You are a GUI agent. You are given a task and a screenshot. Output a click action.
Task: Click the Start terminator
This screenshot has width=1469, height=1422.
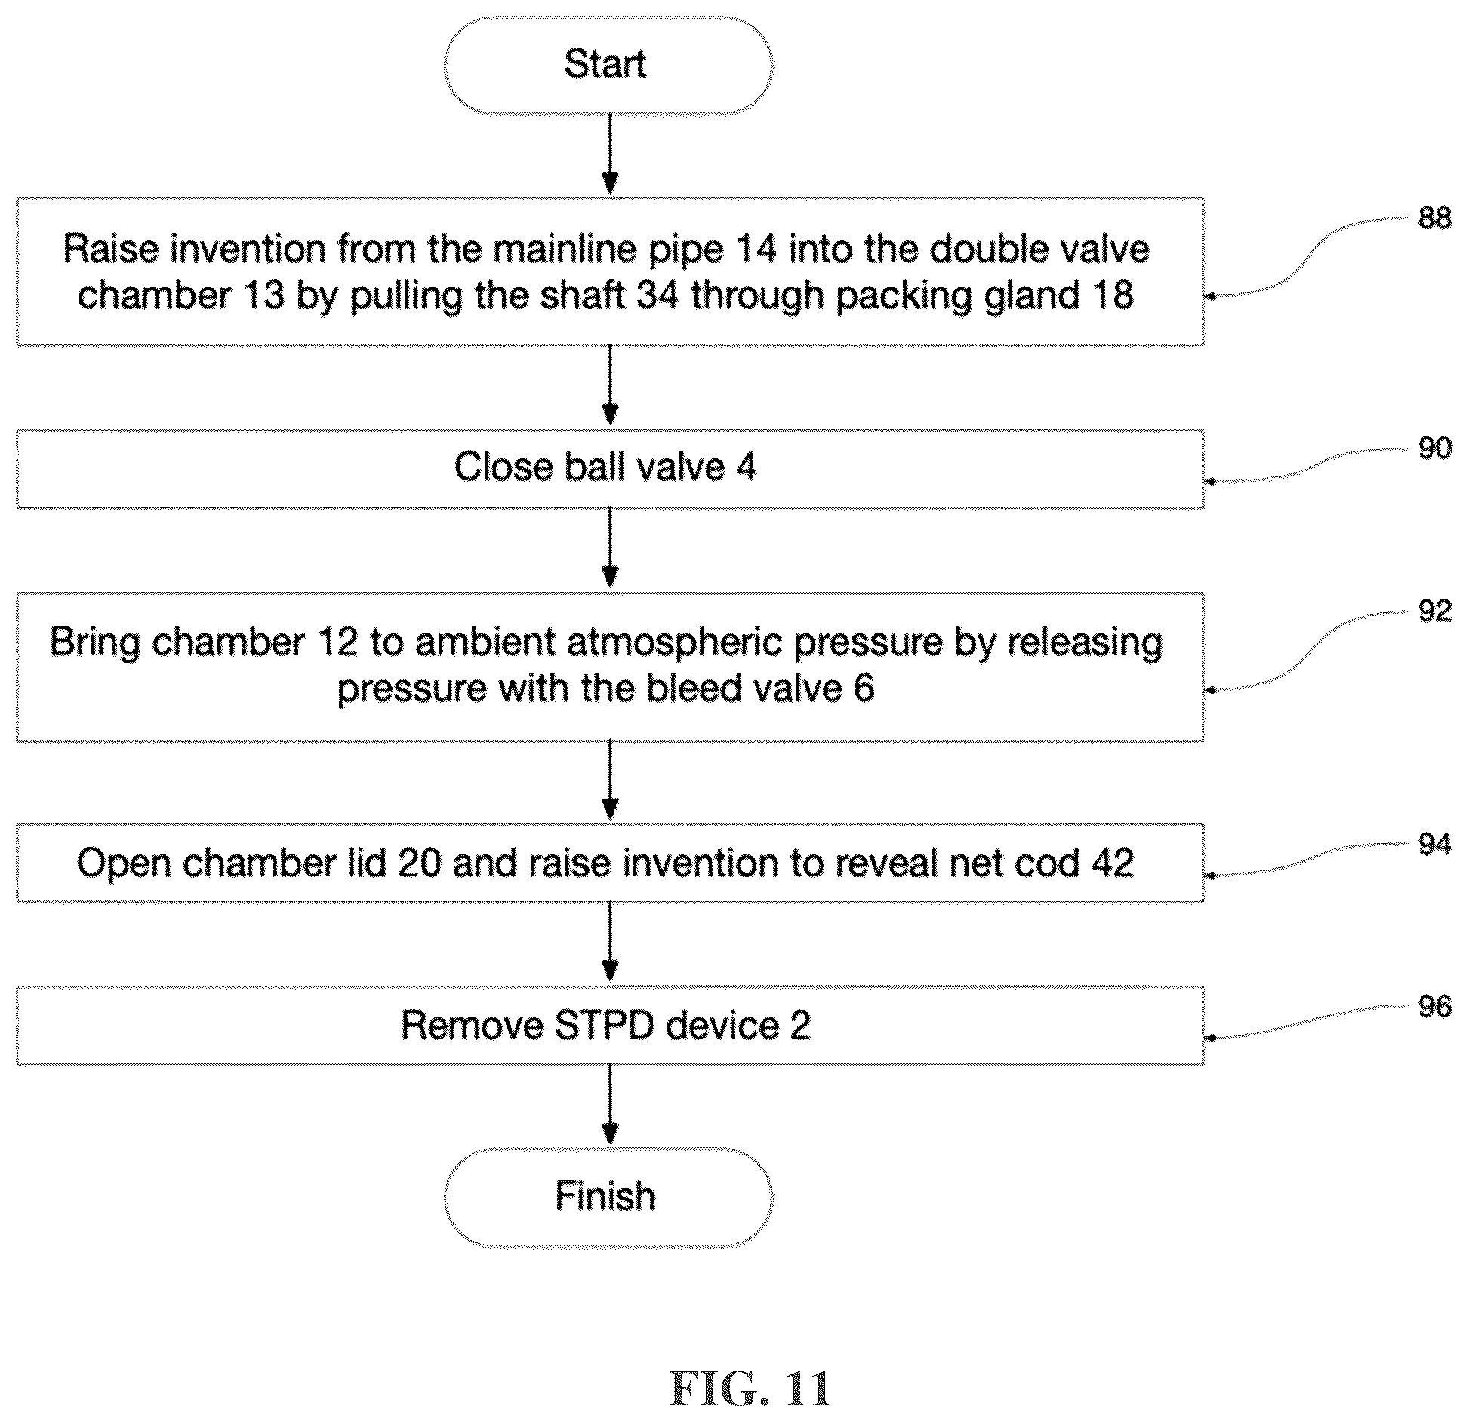[x=608, y=65]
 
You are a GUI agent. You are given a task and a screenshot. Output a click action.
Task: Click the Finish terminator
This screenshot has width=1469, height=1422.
[x=608, y=1196]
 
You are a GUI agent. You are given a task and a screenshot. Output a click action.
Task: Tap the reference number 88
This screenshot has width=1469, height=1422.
[x=1434, y=218]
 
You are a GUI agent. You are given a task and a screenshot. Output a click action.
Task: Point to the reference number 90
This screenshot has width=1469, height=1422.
[x=1434, y=448]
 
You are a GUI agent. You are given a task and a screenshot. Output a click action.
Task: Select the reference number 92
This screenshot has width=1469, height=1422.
[x=1434, y=611]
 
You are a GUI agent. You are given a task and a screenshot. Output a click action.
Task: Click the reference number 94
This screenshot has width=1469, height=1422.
[x=1434, y=843]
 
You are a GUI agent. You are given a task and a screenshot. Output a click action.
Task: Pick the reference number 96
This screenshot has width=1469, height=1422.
[x=1434, y=1006]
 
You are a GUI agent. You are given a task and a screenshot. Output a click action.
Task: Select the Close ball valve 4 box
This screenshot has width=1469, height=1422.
[x=610, y=469]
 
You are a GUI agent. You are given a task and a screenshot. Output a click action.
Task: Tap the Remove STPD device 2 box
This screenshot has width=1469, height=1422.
[x=610, y=1025]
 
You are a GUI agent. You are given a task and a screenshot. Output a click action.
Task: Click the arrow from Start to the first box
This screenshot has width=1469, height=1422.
[x=610, y=155]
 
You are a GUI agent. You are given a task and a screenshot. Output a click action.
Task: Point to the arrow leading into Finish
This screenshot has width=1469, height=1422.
[x=610, y=1105]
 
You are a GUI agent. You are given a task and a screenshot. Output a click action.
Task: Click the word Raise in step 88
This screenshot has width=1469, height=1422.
[x=112, y=248]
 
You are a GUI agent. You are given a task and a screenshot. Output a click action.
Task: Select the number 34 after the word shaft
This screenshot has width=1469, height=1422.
[x=659, y=294]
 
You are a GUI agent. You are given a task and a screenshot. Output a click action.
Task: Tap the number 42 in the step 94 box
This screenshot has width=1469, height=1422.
[x=1111, y=863]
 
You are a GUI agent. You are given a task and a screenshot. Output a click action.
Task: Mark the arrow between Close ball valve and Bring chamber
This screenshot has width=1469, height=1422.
[x=610, y=549]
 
